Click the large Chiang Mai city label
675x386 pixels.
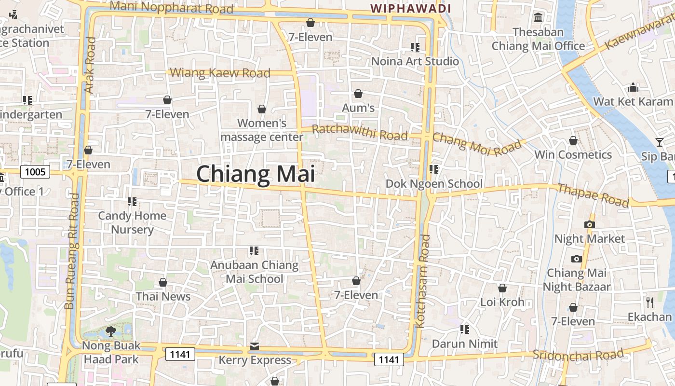(x=256, y=174)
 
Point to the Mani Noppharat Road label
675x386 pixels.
(x=172, y=7)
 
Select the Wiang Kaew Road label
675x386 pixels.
(x=220, y=73)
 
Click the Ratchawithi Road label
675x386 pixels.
(x=360, y=132)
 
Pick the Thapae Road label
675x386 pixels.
(x=594, y=195)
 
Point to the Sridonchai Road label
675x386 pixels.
(x=578, y=355)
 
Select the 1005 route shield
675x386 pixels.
(x=35, y=172)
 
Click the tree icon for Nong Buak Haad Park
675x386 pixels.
(x=110, y=331)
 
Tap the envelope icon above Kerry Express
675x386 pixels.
(x=255, y=346)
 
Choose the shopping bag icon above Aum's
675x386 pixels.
(x=358, y=93)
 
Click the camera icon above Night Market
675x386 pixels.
(x=589, y=224)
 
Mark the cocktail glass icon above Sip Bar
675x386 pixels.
(x=659, y=142)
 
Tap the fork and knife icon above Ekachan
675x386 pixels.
(x=649, y=303)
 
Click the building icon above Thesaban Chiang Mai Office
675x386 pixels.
(x=538, y=18)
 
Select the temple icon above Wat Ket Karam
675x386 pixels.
(x=633, y=87)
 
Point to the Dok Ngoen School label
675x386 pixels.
(x=434, y=184)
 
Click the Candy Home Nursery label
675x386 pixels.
(x=132, y=222)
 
